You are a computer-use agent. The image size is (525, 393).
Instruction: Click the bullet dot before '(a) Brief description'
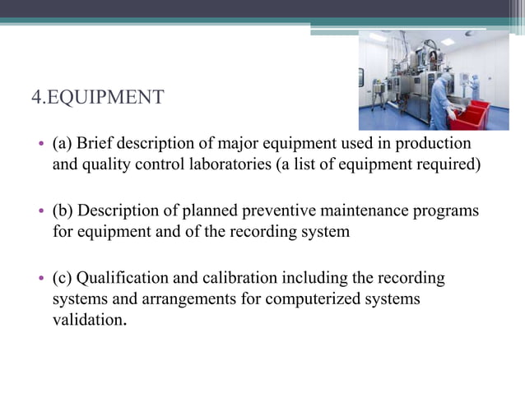tap(41, 145)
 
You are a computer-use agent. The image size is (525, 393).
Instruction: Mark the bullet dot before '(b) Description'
tap(41, 212)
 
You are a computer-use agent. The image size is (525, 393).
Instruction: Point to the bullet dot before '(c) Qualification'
tap(41, 279)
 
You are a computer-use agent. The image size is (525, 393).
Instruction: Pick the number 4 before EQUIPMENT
tap(35, 99)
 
